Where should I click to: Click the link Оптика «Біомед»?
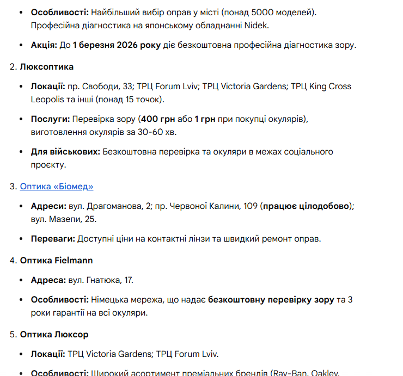(x=57, y=186)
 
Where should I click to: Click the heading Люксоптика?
(x=47, y=66)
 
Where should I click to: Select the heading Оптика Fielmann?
(x=57, y=260)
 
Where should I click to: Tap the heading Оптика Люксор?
(x=54, y=334)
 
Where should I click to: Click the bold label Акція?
(x=44, y=45)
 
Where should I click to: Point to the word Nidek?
(x=257, y=25)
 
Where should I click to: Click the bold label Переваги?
(x=53, y=238)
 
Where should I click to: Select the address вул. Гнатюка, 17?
(x=101, y=280)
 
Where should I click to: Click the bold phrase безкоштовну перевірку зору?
(x=271, y=299)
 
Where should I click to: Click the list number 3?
(x=13, y=186)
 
